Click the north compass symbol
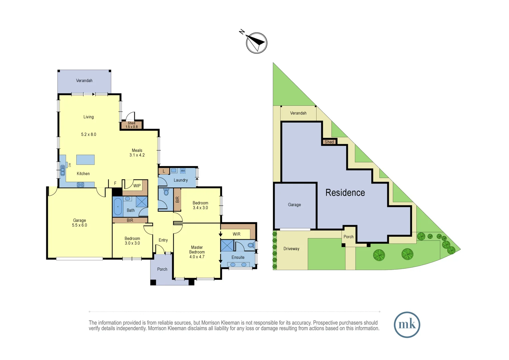256,43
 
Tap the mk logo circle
407,325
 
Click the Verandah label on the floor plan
84,81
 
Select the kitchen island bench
85,160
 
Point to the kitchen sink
63,171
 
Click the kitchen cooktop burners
81,185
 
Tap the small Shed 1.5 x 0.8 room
132,125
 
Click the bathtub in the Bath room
118,207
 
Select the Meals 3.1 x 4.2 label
137,153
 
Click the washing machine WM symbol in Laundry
183,171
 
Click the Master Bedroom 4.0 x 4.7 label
197,252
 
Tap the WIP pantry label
137,186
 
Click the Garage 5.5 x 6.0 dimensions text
79,225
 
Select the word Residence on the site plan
345,193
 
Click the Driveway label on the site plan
291,249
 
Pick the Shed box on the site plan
329,142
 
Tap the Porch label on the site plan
348,237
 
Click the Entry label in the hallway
163,240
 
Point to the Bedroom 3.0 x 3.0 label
132,241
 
